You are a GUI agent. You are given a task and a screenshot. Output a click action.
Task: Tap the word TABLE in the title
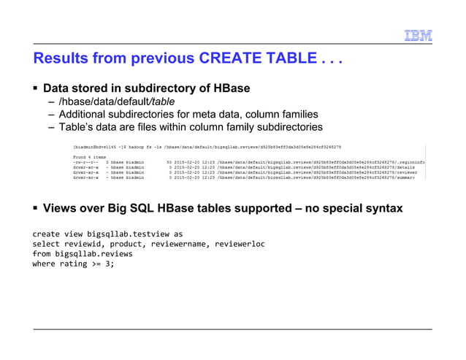(x=285, y=57)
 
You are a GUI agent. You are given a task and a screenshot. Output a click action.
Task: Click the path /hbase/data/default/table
(x=116, y=102)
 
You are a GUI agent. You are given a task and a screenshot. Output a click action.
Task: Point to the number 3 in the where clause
(x=108, y=264)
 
